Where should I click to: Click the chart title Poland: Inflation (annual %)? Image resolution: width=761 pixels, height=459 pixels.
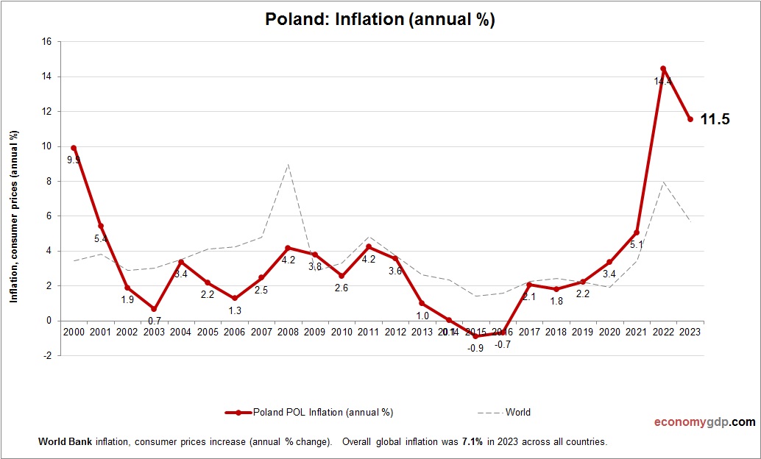(x=380, y=20)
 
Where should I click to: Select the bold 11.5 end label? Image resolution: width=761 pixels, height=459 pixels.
(x=714, y=119)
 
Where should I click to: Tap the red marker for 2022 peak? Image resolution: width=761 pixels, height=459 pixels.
(x=663, y=68)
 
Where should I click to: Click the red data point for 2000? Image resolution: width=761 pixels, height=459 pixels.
(x=74, y=148)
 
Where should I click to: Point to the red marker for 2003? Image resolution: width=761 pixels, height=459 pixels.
(x=154, y=309)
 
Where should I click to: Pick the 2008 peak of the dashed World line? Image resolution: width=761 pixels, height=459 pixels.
(x=288, y=164)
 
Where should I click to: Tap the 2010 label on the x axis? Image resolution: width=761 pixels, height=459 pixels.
(x=341, y=332)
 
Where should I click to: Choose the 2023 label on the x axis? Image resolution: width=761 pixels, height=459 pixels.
(x=690, y=332)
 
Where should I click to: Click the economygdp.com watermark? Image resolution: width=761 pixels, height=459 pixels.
(x=704, y=422)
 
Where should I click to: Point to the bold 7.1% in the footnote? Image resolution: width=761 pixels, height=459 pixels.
(x=472, y=442)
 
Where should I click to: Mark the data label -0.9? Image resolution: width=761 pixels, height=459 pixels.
(x=475, y=348)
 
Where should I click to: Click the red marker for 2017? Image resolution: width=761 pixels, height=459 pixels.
(x=529, y=285)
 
